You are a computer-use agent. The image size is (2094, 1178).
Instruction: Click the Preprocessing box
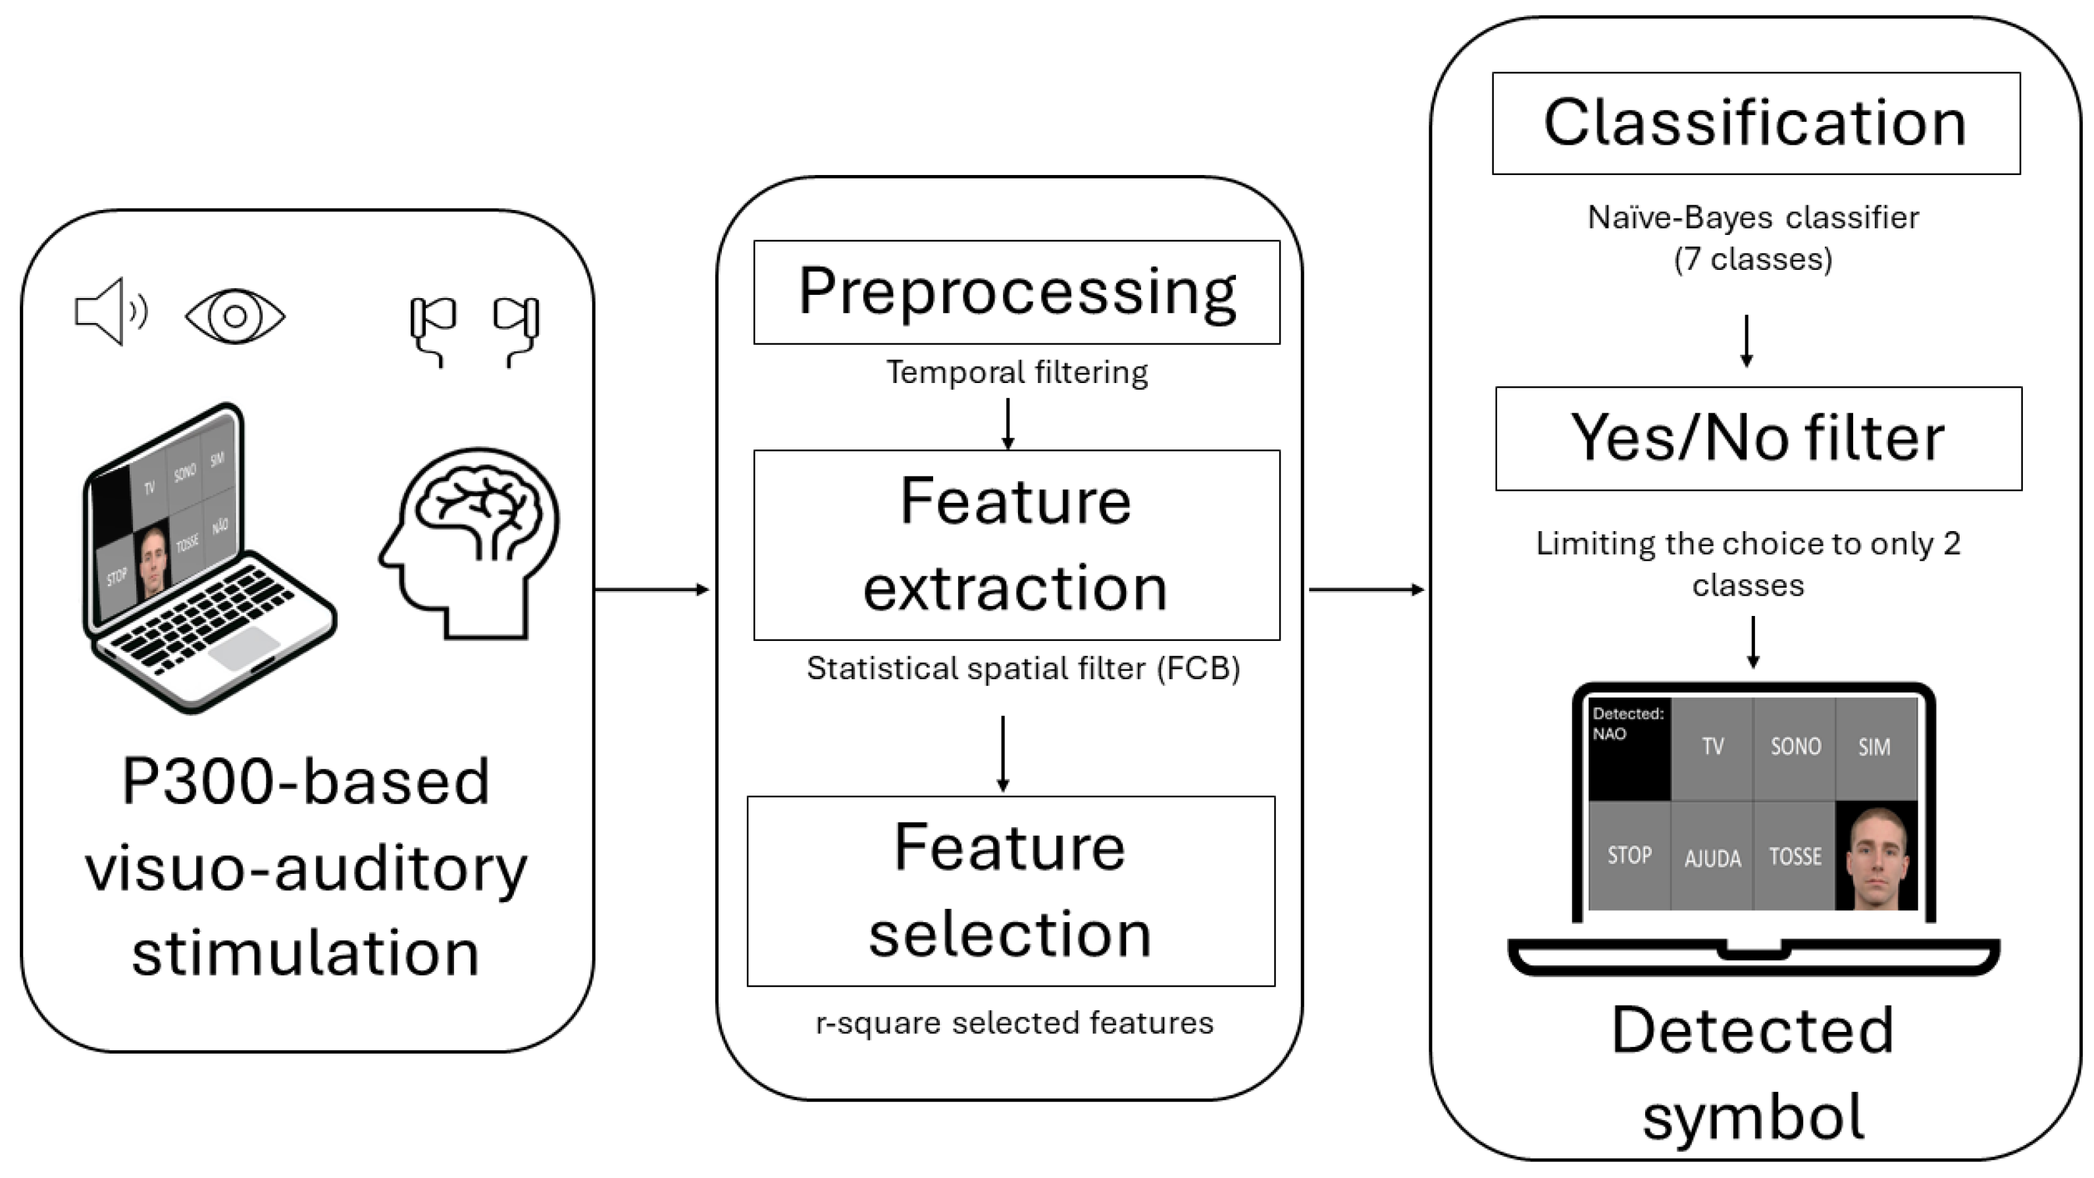click(x=1016, y=292)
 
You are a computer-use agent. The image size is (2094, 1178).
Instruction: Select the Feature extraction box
click(x=1016, y=545)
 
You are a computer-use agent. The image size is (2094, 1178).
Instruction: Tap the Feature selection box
click(x=1010, y=891)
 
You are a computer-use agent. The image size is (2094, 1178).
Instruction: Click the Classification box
click(x=1756, y=124)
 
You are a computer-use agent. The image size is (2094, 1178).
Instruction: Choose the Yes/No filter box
click(x=1758, y=438)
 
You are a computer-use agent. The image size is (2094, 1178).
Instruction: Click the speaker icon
click(x=111, y=311)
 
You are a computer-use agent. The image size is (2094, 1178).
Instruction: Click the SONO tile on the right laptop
click(x=1795, y=747)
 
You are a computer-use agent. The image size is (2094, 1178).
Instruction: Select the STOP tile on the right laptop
click(x=1629, y=856)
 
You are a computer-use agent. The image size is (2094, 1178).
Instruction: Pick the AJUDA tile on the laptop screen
click(x=1712, y=858)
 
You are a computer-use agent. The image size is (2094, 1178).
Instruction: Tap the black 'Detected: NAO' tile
click(x=1629, y=748)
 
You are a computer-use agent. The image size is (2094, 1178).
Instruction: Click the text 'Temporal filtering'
click(x=1016, y=372)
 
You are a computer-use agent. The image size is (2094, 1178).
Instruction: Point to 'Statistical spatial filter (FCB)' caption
click(x=1023, y=668)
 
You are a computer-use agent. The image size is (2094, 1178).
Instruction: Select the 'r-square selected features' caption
click(x=1013, y=1023)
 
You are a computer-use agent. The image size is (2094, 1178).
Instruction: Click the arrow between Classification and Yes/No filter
click(x=1746, y=341)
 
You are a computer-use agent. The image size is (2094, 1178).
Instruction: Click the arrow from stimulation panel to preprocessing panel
click(x=652, y=590)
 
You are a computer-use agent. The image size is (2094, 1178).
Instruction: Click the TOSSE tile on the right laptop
click(x=1795, y=856)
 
